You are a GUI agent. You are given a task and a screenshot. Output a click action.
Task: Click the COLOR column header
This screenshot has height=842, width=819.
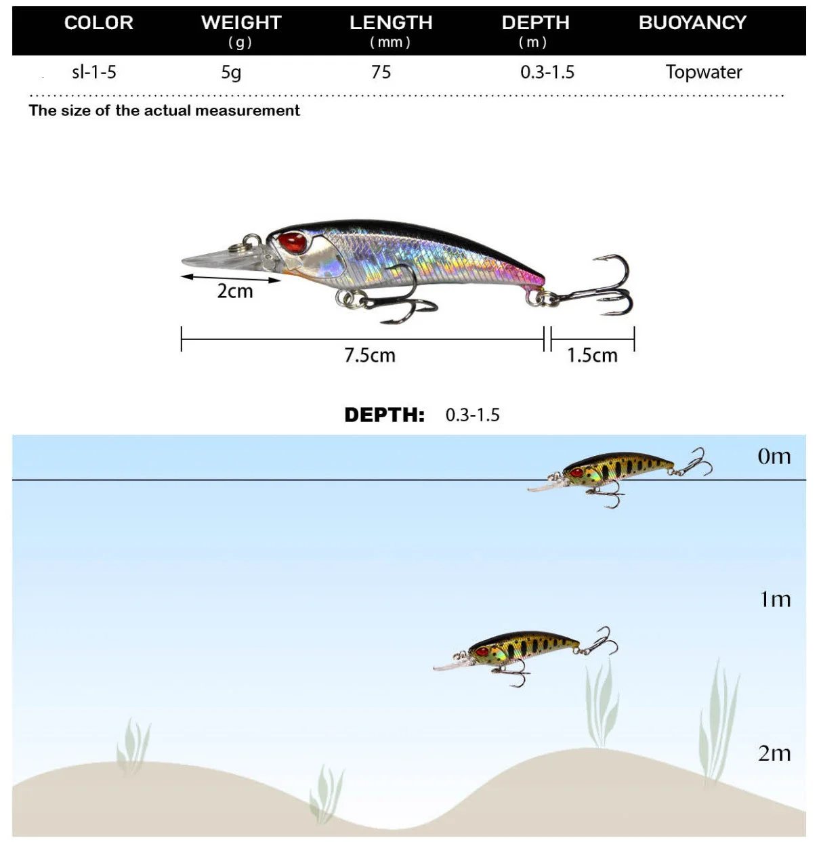(99, 23)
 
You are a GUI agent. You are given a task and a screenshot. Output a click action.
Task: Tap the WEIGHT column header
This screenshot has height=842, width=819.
(240, 23)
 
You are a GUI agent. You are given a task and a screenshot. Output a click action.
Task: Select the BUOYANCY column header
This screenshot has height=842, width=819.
(692, 23)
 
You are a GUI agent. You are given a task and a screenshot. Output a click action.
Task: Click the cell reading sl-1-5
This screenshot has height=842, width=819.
(94, 72)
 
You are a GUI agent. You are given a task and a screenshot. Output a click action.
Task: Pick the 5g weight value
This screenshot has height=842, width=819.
(231, 72)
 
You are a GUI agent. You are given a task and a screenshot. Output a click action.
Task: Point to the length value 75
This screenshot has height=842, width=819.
(381, 72)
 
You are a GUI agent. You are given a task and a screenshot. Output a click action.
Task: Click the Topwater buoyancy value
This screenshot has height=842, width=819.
(703, 72)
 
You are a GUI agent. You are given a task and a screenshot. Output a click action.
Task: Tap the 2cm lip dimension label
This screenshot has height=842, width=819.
(234, 291)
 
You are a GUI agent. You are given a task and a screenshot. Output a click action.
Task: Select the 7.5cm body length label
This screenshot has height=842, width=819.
(369, 355)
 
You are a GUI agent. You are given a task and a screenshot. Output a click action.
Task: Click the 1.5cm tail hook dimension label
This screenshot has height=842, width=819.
(592, 355)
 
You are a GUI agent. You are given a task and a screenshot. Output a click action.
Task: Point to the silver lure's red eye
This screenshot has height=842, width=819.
(293, 242)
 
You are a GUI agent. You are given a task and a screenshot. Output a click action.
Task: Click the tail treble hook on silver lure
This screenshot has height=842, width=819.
(606, 288)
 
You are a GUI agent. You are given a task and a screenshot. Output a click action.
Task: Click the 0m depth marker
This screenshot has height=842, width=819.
(774, 457)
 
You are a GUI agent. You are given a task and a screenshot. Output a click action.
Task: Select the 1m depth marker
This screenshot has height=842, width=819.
(775, 599)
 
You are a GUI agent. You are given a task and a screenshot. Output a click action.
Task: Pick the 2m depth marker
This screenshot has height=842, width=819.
(774, 753)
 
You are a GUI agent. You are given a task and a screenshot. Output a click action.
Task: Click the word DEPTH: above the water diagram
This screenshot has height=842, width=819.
(384, 415)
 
